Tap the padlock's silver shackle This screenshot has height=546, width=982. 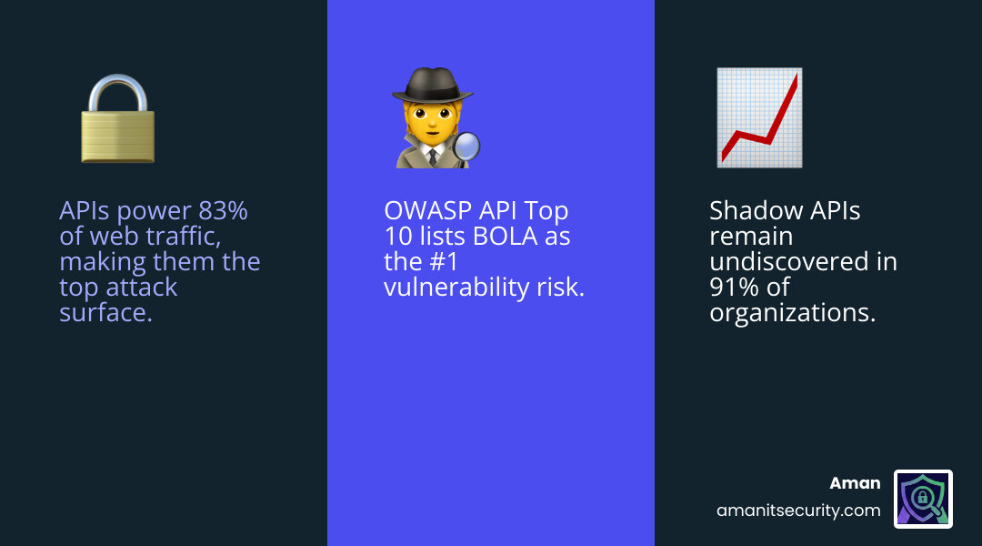(117, 92)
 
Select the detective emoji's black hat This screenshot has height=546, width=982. (432, 86)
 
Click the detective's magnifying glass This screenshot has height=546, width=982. (467, 147)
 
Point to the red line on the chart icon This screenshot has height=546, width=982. (764, 127)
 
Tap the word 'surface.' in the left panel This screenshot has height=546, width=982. (105, 313)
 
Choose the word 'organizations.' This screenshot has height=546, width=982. (791, 313)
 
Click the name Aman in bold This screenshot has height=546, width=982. (855, 483)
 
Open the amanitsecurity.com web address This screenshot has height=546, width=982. (798, 511)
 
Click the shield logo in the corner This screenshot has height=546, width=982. (923, 499)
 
